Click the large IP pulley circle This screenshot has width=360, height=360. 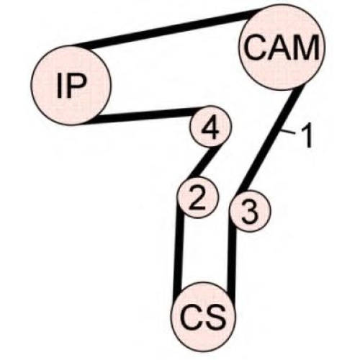coord(71,85)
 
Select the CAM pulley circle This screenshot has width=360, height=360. coord(282,48)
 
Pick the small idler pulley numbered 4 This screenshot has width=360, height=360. coord(210,127)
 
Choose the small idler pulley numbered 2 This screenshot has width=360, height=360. coord(197,197)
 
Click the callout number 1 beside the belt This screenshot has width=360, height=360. coord(307,136)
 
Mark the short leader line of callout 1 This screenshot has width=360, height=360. coord(289,132)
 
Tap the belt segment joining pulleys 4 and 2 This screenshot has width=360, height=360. coord(204,163)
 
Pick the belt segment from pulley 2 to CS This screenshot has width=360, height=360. coord(179,250)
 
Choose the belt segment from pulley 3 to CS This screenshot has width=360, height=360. coord(232,261)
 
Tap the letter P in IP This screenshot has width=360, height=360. coord(77,85)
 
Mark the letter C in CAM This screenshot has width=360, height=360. coord(255,48)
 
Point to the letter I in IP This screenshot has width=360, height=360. coord(60,85)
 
